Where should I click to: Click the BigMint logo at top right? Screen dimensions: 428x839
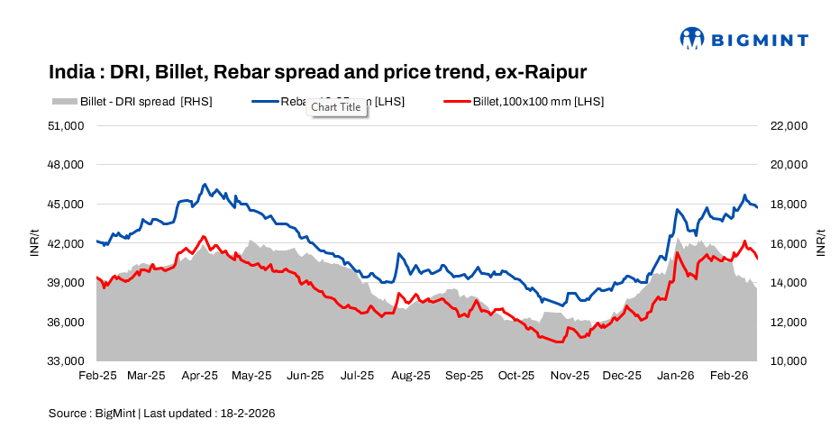tap(743, 39)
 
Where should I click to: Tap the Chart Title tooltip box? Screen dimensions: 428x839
tap(336, 107)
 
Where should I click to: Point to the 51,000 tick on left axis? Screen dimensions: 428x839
tap(66, 126)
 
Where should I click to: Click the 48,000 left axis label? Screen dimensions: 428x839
tap(66, 165)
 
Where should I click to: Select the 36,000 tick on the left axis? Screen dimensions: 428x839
tap(66, 323)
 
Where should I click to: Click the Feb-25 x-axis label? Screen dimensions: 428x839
tap(97, 375)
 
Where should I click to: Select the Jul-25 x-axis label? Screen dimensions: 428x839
tap(358, 375)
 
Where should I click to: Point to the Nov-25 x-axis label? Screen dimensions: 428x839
tap(569, 375)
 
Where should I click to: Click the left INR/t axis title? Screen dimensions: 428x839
tap(34, 243)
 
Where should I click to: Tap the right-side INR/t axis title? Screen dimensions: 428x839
tap(821, 243)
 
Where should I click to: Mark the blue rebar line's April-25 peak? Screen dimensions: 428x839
tap(205, 184)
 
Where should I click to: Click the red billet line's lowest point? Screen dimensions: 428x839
tap(559, 342)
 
